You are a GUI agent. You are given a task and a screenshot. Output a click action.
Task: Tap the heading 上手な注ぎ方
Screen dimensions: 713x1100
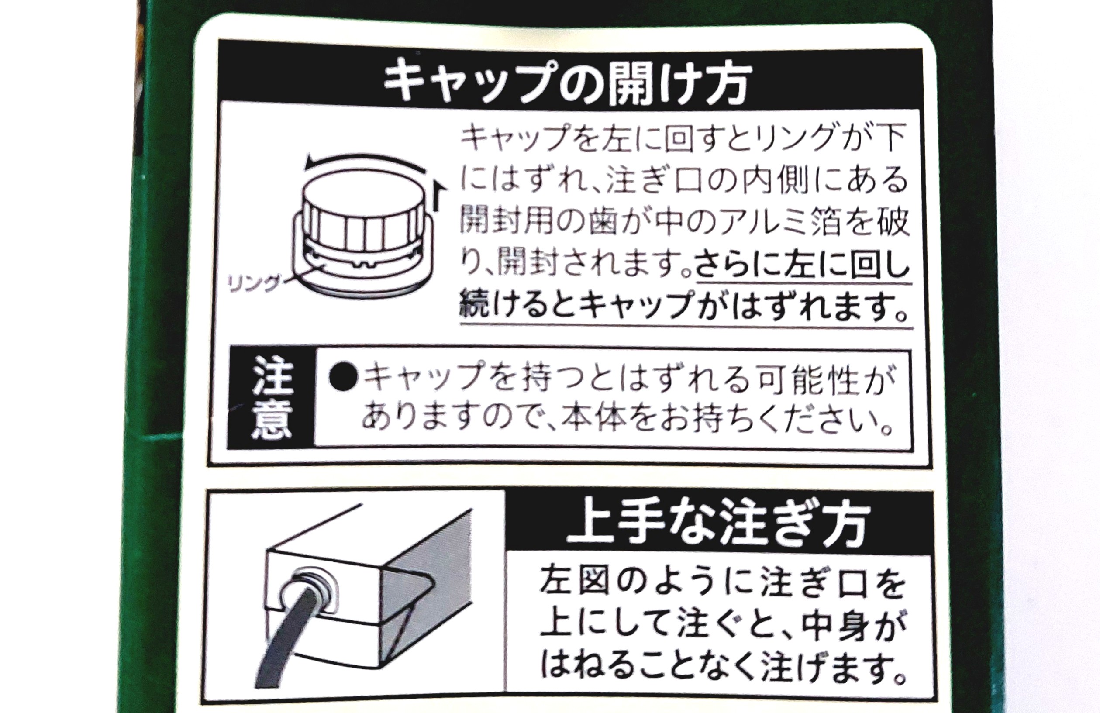click(719, 526)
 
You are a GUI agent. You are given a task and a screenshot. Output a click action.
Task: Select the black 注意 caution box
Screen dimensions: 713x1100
click(272, 398)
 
